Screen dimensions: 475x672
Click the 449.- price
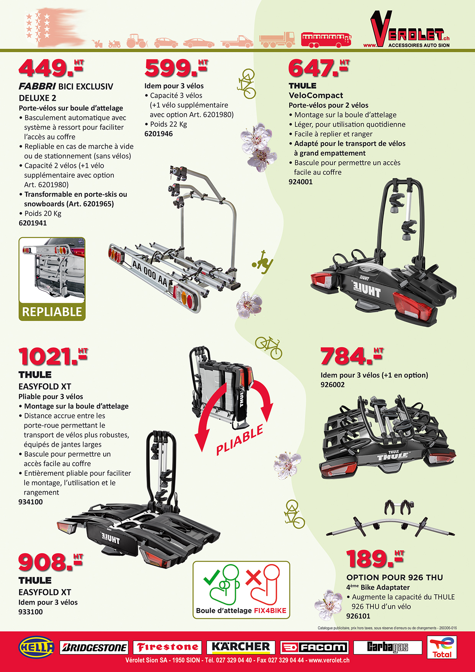[51, 67]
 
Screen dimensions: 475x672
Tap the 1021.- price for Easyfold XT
[53, 356]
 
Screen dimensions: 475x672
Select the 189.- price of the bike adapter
[375, 559]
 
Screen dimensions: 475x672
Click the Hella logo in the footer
[36, 647]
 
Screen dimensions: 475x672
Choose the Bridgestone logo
[94, 647]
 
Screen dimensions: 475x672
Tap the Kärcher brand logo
[241, 647]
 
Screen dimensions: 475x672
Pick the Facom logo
[314, 647]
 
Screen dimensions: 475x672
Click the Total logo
[442, 647]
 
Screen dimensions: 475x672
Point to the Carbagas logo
[387, 647]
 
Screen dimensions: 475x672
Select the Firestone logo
[167, 647]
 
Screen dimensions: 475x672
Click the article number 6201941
[33, 223]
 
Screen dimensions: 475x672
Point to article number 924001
[301, 182]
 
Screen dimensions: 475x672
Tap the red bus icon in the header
[326, 39]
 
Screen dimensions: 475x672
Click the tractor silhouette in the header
[137, 41]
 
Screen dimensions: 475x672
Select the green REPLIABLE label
[52, 312]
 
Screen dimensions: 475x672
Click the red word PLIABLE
[240, 440]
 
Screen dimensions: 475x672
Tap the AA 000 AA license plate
[150, 273]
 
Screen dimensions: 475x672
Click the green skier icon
[263, 262]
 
